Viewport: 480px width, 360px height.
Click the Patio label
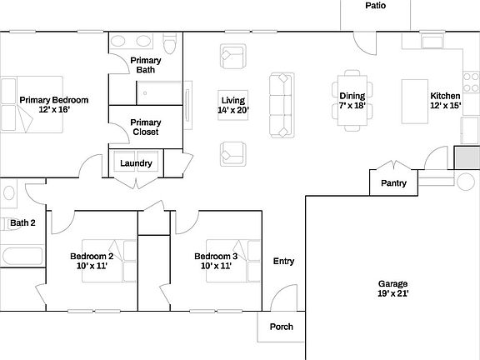375,6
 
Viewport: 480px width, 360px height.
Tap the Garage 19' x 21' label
392,288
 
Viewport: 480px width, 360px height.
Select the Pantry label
393,183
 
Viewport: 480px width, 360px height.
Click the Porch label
282,327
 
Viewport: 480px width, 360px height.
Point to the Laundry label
136,163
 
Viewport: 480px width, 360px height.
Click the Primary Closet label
146,127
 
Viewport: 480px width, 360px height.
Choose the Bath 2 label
22,222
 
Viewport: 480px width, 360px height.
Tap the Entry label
283,262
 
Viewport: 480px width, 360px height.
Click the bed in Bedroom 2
122,261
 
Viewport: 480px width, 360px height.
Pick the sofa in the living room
281,105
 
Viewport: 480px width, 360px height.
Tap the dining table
352,106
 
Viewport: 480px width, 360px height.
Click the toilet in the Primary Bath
169,44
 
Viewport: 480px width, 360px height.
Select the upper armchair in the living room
232,57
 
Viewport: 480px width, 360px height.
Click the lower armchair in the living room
232,152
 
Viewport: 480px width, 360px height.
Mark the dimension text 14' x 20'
232,110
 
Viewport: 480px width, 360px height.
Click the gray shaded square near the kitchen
463,158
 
